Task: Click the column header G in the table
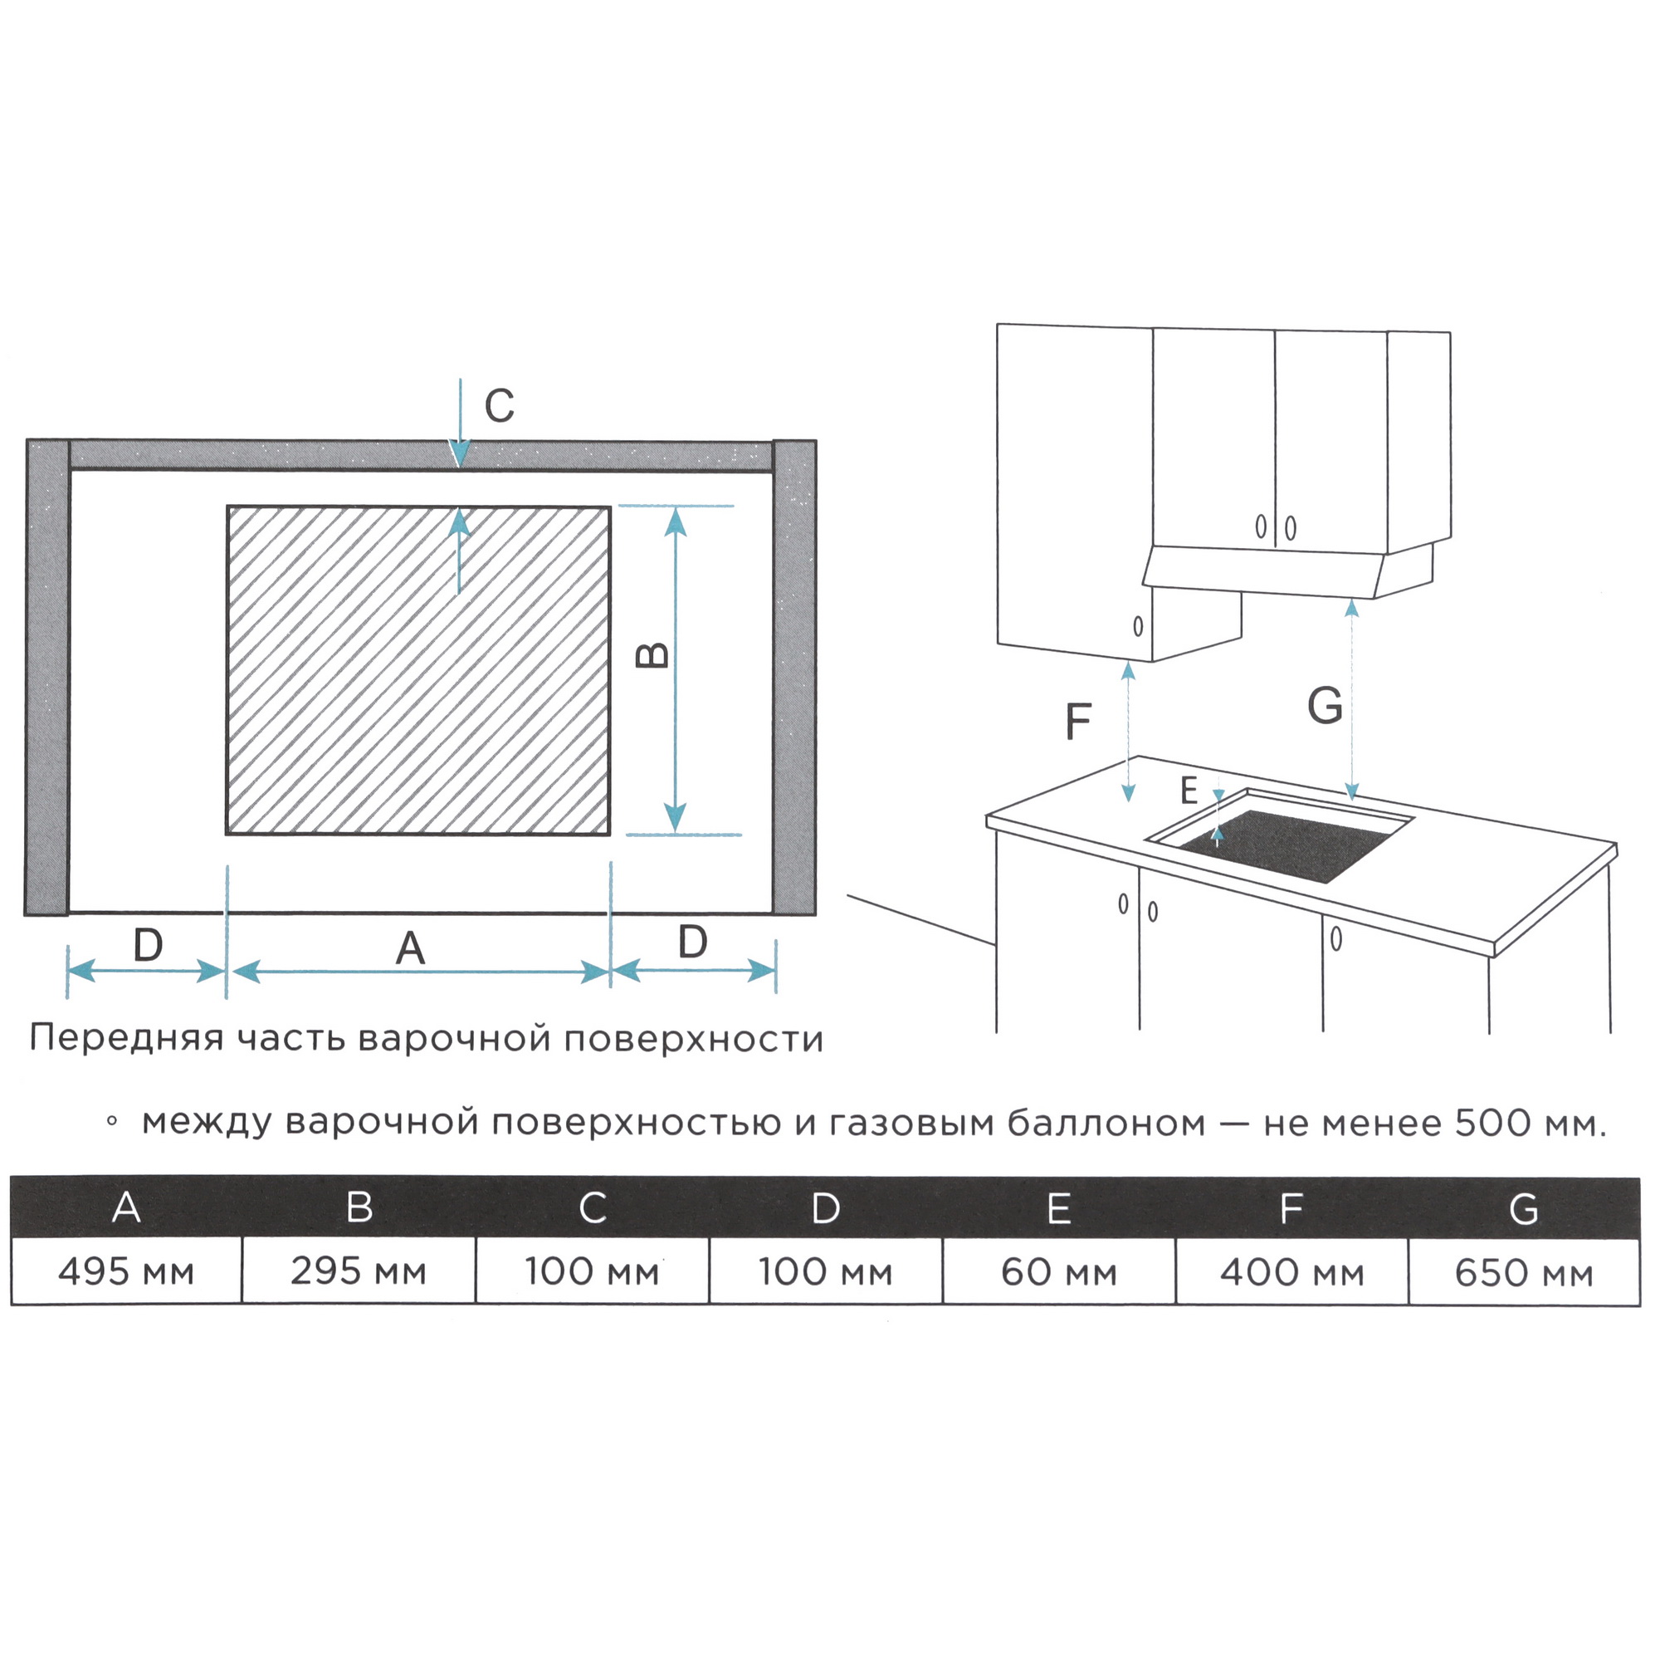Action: click(x=1524, y=1210)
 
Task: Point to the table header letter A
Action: click(x=126, y=1207)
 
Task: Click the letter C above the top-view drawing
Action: click(x=499, y=406)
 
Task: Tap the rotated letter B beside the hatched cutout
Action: click(x=652, y=656)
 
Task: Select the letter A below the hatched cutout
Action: click(x=411, y=949)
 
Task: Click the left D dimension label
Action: click(x=148, y=946)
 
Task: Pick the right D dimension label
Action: click(x=692, y=943)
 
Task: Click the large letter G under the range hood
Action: click(x=1325, y=706)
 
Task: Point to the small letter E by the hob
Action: click(x=1189, y=790)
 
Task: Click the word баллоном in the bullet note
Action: click(x=1106, y=1123)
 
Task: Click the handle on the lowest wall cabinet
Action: click(x=1139, y=627)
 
